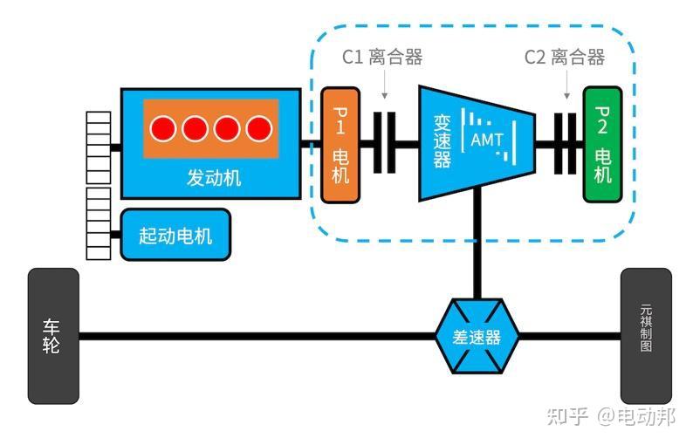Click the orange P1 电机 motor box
[x=340, y=145]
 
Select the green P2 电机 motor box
[x=602, y=145]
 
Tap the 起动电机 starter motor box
[x=175, y=235]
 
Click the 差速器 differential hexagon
[x=477, y=336]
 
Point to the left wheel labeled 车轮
[x=53, y=336]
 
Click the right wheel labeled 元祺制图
[x=646, y=336]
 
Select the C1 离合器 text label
[x=381, y=58]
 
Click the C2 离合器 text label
[x=564, y=58]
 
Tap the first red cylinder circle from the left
[x=163, y=129]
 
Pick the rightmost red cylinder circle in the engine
[x=258, y=129]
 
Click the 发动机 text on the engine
[x=214, y=178]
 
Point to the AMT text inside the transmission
[x=486, y=140]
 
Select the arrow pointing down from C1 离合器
[x=384, y=87]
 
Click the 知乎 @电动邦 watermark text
[x=610, y=416]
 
